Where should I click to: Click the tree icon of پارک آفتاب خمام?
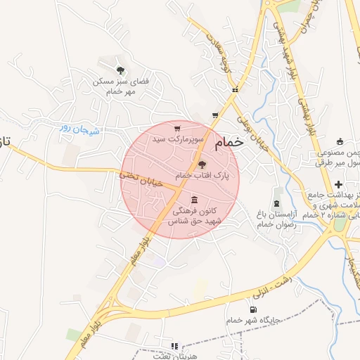[213, 164]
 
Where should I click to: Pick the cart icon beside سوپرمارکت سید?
[176, 129]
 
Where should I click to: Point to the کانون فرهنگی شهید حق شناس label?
[194, 216]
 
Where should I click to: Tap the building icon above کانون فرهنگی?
[193, 200]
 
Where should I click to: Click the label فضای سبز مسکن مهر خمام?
[122, 86]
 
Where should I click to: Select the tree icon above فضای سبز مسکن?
[121, 70]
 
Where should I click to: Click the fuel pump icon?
[252, 309]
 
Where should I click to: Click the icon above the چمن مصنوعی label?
[340, 141]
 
